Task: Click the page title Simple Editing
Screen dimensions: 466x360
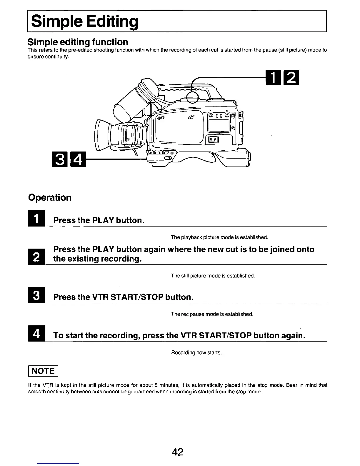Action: pyautogui.click(x=85, y=21)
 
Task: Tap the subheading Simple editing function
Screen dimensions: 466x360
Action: pyautogui.click(x=78, y=42)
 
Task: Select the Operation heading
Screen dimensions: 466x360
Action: pyautogui.click(x=50, y=197)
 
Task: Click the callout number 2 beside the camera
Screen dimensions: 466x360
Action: pyautogui.click(x=291, y=78)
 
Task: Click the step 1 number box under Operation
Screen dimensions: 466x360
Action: pyautogui.click(x=36, y=219)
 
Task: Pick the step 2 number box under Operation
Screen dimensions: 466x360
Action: pyautogui.click(x=36, y=257)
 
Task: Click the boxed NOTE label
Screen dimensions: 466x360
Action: pyautogui.click(x=44, y=371)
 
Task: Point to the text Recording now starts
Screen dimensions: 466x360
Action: pyautogui.click(x=196, y=352)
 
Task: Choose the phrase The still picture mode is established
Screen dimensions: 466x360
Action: pyautogui.click(x=213, y=276)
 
